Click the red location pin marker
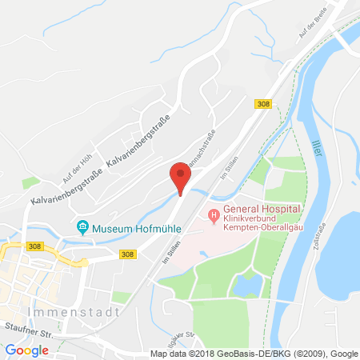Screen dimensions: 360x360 [x=181, y=176]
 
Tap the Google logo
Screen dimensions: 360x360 [x=27, y=350]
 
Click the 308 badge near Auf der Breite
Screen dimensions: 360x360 [x=262, y=104]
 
